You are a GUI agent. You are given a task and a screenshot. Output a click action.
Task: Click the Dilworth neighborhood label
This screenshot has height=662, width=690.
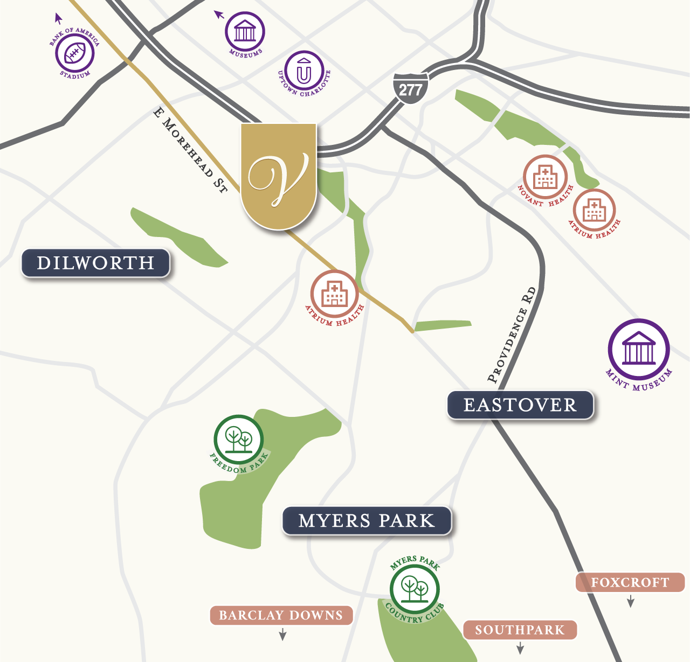point(95,263)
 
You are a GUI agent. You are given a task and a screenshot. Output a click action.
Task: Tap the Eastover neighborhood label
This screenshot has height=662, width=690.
point(520,405)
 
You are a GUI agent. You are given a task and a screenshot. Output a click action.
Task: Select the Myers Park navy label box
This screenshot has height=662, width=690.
point(367,521)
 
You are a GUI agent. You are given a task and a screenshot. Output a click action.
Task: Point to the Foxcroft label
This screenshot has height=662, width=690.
point(630,582)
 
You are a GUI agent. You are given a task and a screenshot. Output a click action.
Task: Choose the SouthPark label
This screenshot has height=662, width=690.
point(520,630)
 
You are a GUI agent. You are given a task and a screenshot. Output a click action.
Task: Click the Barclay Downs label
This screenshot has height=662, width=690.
point(281,615)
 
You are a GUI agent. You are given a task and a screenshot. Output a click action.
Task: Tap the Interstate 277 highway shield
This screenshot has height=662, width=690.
point(410,88)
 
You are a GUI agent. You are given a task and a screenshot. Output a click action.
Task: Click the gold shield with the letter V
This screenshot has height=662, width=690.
point(279,175)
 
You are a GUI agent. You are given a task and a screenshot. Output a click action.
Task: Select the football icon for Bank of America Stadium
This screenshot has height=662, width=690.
point(75,53)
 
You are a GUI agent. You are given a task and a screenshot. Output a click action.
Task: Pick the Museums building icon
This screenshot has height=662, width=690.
point(245,31)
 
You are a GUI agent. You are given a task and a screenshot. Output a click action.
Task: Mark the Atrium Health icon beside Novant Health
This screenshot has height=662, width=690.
point(594,210)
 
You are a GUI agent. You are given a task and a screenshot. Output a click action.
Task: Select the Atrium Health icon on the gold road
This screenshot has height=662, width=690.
point(334,294)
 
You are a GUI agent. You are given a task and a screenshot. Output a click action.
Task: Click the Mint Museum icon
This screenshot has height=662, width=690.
point(639,350)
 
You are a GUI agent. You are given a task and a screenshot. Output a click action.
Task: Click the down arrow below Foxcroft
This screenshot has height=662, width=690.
point(630,602)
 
